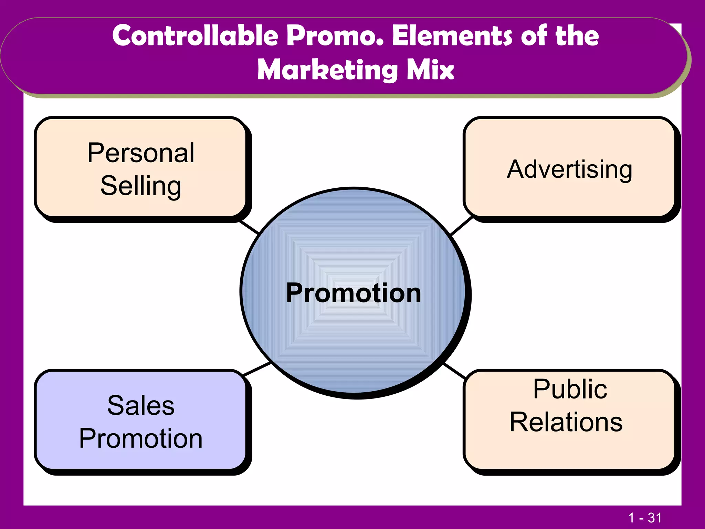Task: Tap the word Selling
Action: (141, 186)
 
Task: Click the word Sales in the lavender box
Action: (141, 405)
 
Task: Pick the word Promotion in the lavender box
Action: (141, 438)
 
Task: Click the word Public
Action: (570, 389)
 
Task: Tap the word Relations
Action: (566, 422)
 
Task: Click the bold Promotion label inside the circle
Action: (354, 293)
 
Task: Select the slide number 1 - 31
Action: (645, 518)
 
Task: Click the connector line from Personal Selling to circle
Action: (249, 227)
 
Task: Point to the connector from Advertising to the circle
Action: (462, 226)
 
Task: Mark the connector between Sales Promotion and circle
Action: (257, 369)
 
